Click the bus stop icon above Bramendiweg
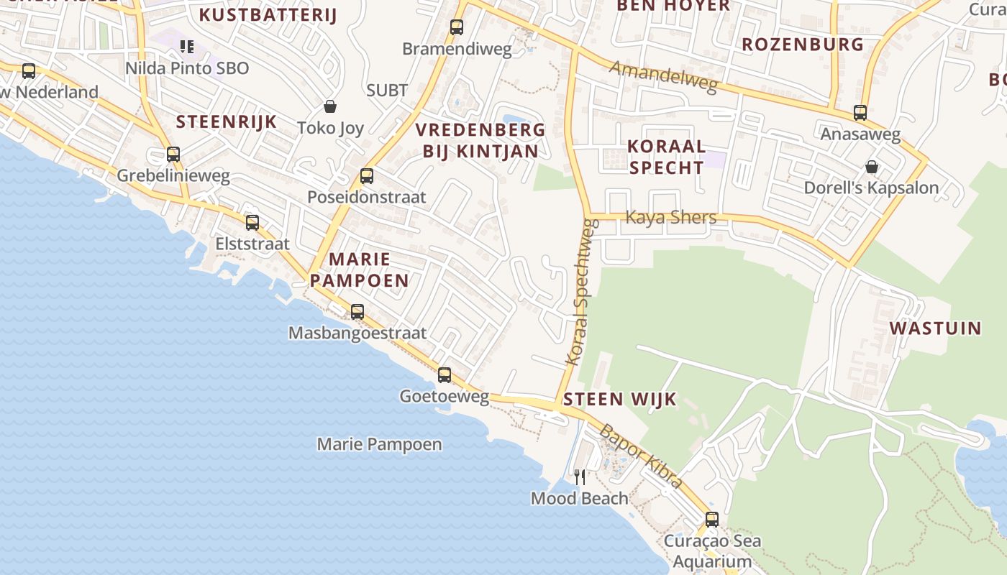[x=456, y=27]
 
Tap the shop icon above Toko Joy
[x=330, y=106]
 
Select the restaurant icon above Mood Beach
[x=580, y=477]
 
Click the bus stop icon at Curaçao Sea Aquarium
[x=712, y=519]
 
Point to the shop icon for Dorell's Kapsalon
[x=872, y=167]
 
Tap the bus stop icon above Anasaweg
[x=860, y=113]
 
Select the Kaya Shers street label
[x=671, y=217]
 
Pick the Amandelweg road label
[x=664, y=76]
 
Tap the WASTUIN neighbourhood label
[x=935, y=328]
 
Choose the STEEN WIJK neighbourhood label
[x=620, y=399]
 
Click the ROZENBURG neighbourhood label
[x=802, y=45]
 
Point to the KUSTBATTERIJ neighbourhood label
[x=268, y=14]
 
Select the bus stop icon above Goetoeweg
[x=445, y=374]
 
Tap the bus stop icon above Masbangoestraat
[x=357, y=312]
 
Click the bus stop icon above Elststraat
[x=252, y=223]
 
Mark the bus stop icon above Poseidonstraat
[x=367, y=176]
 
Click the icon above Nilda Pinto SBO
[x=187, y=47]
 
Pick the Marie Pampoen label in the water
[x=379, y=444]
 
